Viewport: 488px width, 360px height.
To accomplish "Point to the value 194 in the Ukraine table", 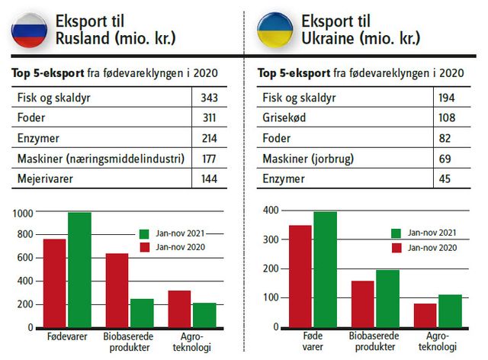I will click(448, 98).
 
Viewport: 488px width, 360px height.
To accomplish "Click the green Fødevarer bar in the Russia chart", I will click(79, 270).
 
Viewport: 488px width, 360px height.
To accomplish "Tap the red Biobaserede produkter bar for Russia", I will click(117, 290).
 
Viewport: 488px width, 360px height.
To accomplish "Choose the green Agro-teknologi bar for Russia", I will click(204, 315).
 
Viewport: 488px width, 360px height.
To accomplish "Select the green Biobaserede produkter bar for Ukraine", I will click(387, 298).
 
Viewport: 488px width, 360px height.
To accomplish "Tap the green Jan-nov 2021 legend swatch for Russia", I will click(146, 233).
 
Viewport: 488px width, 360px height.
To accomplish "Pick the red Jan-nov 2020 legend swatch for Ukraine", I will click(396, 248).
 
